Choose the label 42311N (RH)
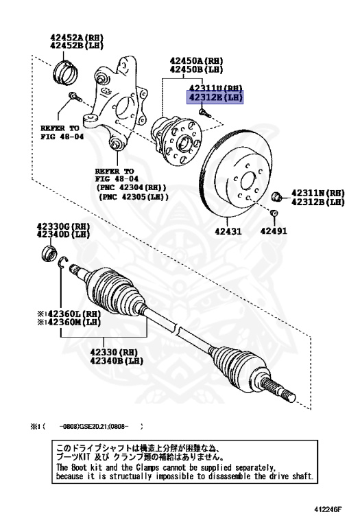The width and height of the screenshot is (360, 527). [317, 194]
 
